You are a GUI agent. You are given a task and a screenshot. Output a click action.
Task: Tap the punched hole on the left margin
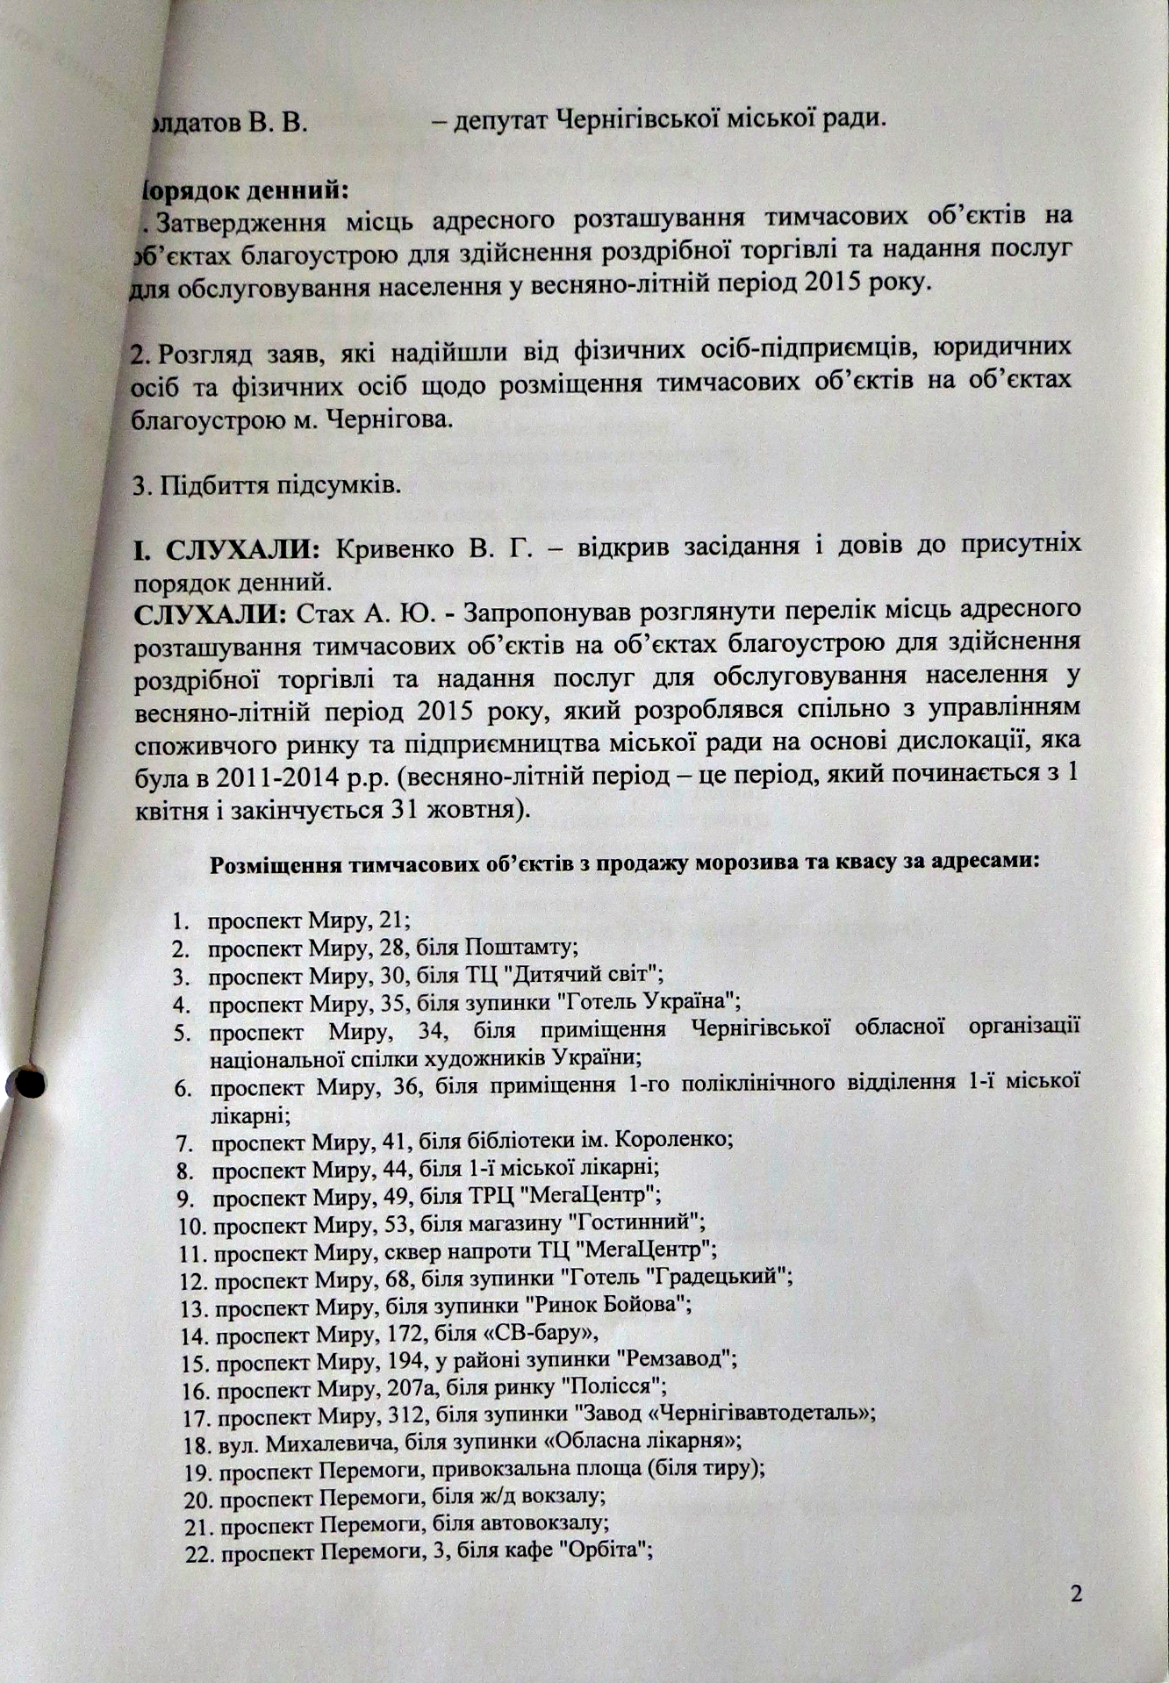coord(29,1084)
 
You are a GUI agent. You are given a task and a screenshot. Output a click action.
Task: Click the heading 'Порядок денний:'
coord(245,189)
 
